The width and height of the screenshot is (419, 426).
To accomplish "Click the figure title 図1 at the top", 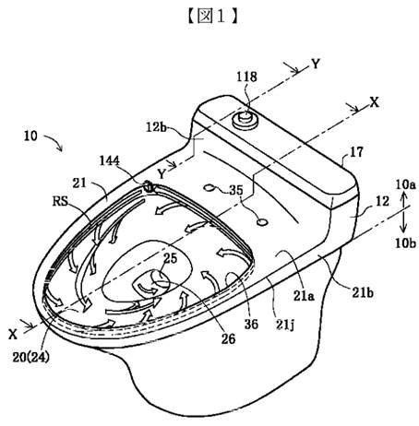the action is pos(212,17).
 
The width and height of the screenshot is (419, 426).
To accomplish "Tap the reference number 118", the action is pos(246,77).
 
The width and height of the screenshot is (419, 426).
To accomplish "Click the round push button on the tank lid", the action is pos(245,120).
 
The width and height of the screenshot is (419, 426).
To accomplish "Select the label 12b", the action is pos(156,127).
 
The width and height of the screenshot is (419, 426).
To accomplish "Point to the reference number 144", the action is pos(110,160).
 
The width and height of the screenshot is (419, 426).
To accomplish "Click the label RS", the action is pos(60,201).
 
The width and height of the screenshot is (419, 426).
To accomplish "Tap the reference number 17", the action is pos(356,152).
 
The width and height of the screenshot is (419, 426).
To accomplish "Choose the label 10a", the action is pos(406,184).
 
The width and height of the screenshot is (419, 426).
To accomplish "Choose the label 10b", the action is pos(406,243).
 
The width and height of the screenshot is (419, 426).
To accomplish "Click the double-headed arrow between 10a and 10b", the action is pos(404,214).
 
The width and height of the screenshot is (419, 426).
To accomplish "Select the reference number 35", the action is pos(236,190).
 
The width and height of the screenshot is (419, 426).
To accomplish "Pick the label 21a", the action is pos(304,295).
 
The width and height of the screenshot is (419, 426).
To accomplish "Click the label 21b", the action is pos(363,293).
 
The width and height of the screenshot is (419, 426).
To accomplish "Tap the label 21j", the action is pos(285,325).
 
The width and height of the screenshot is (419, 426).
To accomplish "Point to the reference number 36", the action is pos(251,324).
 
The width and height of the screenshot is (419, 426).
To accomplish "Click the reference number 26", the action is pos(228,339).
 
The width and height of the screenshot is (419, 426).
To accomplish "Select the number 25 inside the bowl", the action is pos(170,258).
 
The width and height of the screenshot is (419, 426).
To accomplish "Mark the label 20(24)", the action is pos(30,358).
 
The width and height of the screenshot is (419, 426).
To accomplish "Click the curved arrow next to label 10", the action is pos(54,142).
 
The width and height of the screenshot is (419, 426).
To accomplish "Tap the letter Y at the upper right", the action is pos(316,64).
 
